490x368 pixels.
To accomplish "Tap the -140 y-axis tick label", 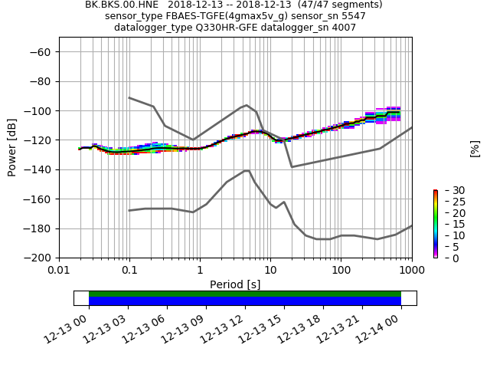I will pos(40,169).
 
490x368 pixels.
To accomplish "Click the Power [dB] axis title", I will pos(12,147).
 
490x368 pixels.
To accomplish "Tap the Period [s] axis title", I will pos(235,284).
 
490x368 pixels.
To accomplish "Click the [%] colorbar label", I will pos(475,148).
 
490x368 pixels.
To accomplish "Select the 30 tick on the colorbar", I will pos(449,190).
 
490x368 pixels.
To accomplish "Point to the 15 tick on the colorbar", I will pos(449,224).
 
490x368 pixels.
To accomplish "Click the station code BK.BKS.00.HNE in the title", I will pos(118,5).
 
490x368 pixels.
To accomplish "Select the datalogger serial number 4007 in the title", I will pos(342,28).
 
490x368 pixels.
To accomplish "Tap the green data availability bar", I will pos(245,294).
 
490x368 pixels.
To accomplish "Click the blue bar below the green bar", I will pos(245,301).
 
